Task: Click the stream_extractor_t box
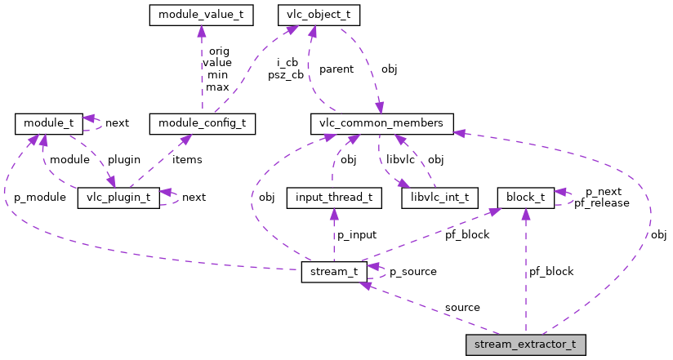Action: click(x=526, y=344)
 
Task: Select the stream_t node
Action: click(x=334, y=271)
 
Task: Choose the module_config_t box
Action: click(x=203, y=124)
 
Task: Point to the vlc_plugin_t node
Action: click(x=118, y=198)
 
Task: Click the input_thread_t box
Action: click(x=334, y=198)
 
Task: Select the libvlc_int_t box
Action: click(x=435, y=198)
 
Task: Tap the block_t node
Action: click(x=526, y=198)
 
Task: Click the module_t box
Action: click(x=48, y=124)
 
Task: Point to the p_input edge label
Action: click(x=356, y=234)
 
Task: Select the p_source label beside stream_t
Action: click(x=412, y=271)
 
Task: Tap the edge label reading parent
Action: click(x=336, y=69)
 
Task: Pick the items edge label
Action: click(x=186, y=159)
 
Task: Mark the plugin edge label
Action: click(x=124, y=159)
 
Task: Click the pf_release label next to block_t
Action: click(x=602, y=202)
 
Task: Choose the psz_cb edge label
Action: click(x=286, y=74)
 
